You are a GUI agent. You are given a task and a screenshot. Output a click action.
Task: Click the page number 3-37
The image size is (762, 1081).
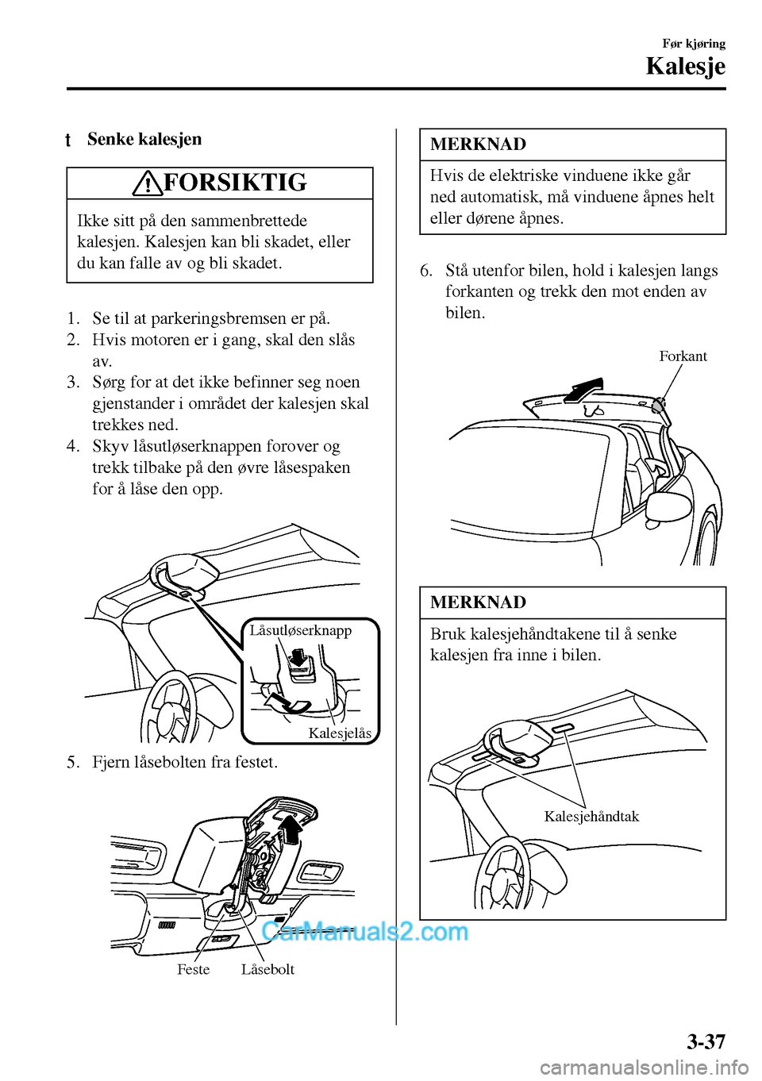tap(705, 1041)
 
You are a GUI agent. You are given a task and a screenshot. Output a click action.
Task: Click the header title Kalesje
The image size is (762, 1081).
tap(685, 67)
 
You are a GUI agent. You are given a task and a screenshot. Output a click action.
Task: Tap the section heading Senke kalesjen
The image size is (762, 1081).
tap(144, 140)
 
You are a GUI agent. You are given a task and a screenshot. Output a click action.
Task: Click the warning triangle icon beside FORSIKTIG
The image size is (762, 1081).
tap(148, 184)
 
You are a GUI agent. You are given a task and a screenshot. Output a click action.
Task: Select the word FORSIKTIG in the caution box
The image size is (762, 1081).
tap(234, 183)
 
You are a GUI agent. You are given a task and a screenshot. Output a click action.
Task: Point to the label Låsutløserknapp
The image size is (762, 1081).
tap(300, 630)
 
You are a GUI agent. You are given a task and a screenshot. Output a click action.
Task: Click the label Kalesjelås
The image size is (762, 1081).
tap(339, 733)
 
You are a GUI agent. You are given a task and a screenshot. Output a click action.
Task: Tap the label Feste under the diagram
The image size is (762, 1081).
tap(193, 969)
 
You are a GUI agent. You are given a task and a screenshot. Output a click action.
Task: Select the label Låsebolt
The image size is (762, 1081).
tap(267, 969)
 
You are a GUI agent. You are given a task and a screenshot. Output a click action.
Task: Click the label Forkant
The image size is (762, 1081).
tap(683, 356)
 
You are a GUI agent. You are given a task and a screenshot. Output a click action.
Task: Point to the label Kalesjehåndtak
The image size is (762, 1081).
tap(591, 817)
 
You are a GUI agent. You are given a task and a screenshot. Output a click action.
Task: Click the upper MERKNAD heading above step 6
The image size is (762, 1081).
tap(478, 144)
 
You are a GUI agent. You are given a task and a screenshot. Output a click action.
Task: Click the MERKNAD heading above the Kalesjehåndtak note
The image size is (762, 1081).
tap(478, 602)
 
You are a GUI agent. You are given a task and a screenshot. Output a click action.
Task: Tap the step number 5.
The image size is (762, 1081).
tap(73, 763)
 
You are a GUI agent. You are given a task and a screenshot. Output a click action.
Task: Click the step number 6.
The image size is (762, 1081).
tap(426, 271)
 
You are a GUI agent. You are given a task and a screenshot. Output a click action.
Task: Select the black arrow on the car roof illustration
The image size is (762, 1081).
tap(581, 389)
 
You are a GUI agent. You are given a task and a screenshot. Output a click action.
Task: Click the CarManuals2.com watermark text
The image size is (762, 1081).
tap(364, 930)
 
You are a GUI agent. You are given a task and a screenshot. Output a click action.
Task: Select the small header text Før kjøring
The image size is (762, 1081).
tap(694, 44)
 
